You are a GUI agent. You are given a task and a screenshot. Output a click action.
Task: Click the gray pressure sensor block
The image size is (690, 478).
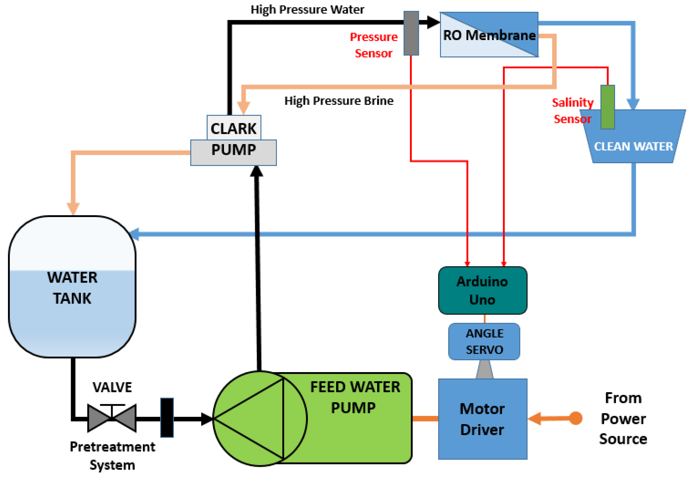coord(411,33)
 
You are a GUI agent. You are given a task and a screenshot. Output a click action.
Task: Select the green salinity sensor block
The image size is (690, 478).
coord(607,107)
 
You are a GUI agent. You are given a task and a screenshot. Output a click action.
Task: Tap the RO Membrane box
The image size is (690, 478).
coord(489,35)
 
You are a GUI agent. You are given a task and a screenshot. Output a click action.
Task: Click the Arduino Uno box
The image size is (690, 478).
coord(482,290)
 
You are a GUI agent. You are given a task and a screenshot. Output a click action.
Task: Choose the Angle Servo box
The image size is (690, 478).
coord(484,341)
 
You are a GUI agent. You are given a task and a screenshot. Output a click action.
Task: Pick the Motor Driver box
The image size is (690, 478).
coord(482,419)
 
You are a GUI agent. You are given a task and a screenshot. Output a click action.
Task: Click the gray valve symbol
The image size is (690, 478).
coord(112,418)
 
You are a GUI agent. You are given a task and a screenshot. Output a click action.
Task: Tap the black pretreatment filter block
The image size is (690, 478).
coord(167,418)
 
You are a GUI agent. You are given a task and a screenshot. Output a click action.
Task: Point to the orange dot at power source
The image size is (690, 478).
coord(575,418)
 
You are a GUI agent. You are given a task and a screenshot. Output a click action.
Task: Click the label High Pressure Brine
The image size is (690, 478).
coord(339,101)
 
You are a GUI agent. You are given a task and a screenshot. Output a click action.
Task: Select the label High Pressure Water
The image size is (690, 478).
coord(307,10)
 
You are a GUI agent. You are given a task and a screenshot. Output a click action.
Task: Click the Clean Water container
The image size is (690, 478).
coord(633,141)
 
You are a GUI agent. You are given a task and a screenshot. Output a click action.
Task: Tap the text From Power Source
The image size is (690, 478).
coord(623,418)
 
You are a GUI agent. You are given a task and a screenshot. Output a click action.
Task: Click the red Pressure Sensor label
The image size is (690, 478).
coord(374,45)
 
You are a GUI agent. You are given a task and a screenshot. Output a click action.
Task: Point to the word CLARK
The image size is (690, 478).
coord(233,128)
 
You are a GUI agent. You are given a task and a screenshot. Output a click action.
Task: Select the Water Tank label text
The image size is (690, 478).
coord(72,288)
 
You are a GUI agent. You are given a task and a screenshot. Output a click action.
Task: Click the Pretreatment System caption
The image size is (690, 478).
coord(112,455)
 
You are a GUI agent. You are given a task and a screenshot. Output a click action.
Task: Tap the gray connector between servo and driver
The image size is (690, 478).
coord(484,369)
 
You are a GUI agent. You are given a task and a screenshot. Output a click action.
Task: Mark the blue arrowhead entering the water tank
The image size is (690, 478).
coord(134,234)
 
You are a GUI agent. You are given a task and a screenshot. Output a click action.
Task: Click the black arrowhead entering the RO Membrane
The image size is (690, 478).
coord(433,22)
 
